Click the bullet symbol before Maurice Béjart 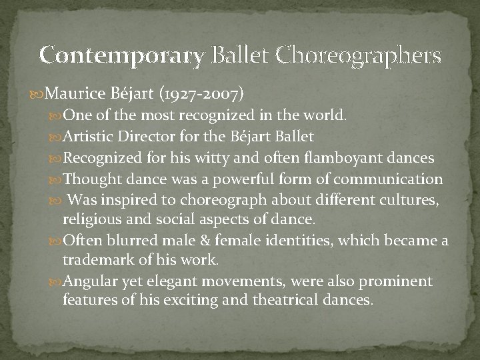pos(43,92)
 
